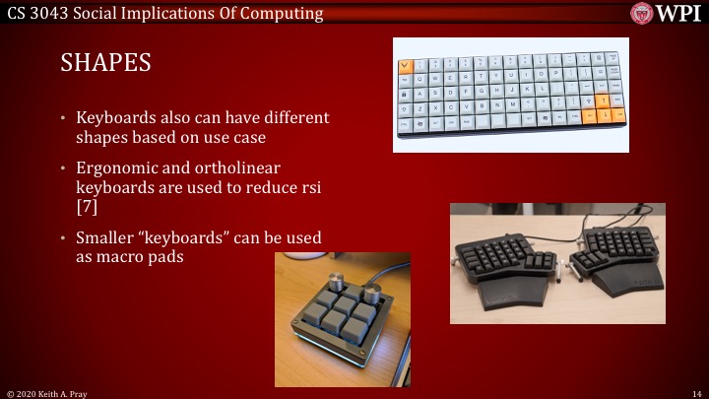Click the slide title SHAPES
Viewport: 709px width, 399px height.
(x=106, y=63)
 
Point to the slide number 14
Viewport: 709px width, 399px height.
(x=695, y=392)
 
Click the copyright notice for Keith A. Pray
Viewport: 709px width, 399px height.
(x=48, y=392)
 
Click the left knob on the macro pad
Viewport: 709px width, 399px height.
(x=345, y=289)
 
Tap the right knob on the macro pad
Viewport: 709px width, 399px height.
(x=373, y=295)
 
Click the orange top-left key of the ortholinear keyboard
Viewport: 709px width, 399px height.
(x=407, y=66)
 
